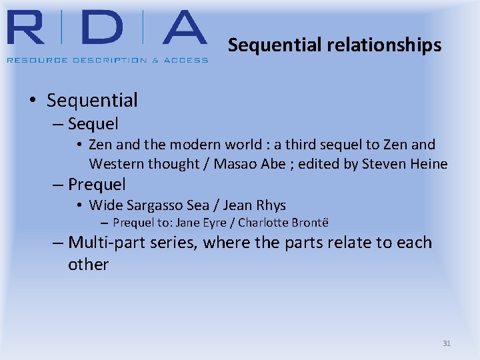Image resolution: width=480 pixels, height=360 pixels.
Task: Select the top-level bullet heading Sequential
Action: point(92,101)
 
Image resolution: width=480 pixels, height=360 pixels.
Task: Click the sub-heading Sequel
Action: point(93,123)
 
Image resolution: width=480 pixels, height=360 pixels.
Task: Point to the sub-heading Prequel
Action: point(97,184)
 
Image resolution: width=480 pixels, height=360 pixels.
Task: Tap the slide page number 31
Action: point(447,343)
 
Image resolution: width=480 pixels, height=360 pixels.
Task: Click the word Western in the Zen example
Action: point(116,163)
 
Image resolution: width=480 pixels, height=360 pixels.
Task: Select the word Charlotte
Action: point(262,223)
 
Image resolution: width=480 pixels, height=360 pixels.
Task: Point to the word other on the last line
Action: point(88,264)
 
